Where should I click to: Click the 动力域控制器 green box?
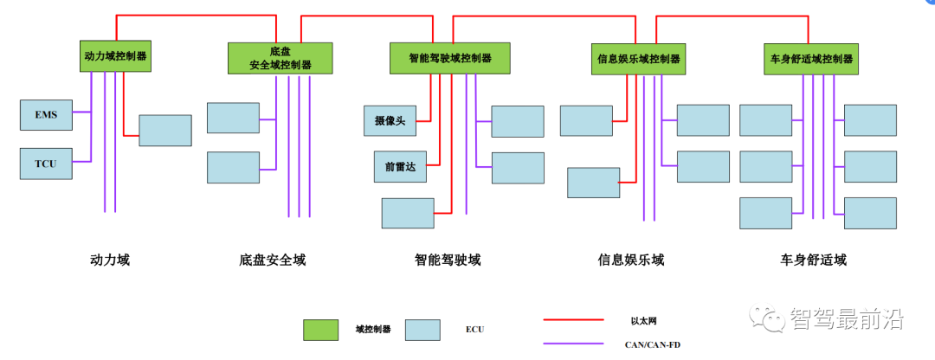click(115, 55)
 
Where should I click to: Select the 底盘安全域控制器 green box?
click(280, 58)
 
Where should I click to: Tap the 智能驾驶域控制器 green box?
click(449, 58)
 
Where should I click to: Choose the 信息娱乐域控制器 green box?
click(638, 59)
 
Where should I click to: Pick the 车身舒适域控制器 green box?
click(811, 59)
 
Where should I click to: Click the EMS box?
click(46, 114)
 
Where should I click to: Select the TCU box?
click(46, 164)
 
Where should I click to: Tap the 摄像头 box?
click(390, 120)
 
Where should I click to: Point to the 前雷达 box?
click(390, 167)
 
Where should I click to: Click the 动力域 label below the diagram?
click(110, 260)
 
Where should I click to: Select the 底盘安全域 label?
click(272, 260)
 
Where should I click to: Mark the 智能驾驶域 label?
click(448, 260)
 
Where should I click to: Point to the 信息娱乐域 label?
click(631, 260)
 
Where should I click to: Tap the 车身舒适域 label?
click(813, 260)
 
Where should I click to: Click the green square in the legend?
click(320, 330)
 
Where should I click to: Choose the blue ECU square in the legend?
click(423, 330)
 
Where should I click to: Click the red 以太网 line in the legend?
click(572, 319)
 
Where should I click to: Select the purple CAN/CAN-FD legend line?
click(572, 344)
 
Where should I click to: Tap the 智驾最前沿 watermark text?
click(846, 318)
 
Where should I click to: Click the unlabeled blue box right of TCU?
click(164, 130)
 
